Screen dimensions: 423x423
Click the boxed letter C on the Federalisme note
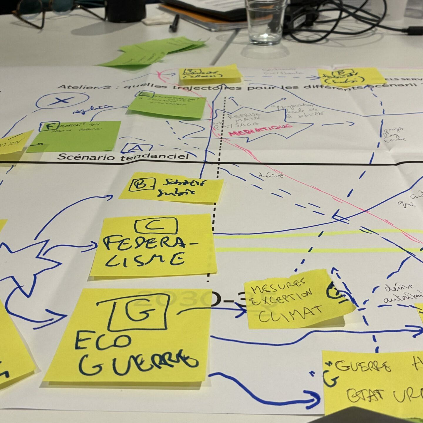[x=156, y=226]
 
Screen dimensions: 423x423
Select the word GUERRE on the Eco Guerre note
[x=138, y=364]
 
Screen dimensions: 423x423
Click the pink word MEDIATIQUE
[x=260, y=130]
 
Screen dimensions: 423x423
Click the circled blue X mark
[x=62, y=101]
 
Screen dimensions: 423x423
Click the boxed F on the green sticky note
[x=50, y=127]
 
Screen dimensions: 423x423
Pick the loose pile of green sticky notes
[x=153, y=51]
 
